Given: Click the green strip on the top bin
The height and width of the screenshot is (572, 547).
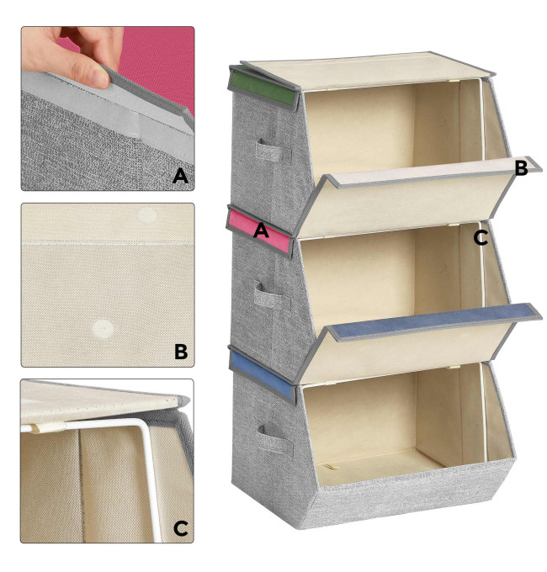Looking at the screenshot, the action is click(x=263, y=85).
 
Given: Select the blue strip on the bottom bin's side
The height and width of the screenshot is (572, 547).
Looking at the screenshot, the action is click(x=262, y=373).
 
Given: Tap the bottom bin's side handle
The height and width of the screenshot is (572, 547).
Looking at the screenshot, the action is click(x=275, y=439).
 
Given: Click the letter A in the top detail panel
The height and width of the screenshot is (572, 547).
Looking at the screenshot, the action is click(x=180, y=176).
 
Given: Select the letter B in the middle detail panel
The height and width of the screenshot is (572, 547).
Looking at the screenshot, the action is click(x=181, y=352).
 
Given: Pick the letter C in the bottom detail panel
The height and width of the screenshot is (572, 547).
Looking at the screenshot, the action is click(x=181, y=528).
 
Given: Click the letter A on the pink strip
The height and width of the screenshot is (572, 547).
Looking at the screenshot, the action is click(x=261, y=230).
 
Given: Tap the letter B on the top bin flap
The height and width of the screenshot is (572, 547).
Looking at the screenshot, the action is click(x=521, y=167).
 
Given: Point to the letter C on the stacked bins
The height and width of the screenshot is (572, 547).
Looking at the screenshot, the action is click(x=481, y=238).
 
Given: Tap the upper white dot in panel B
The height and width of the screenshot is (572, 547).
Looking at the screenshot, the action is click(x=147, y=214).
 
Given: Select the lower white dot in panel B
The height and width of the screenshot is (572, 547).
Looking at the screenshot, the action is click(x=103, y=330).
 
